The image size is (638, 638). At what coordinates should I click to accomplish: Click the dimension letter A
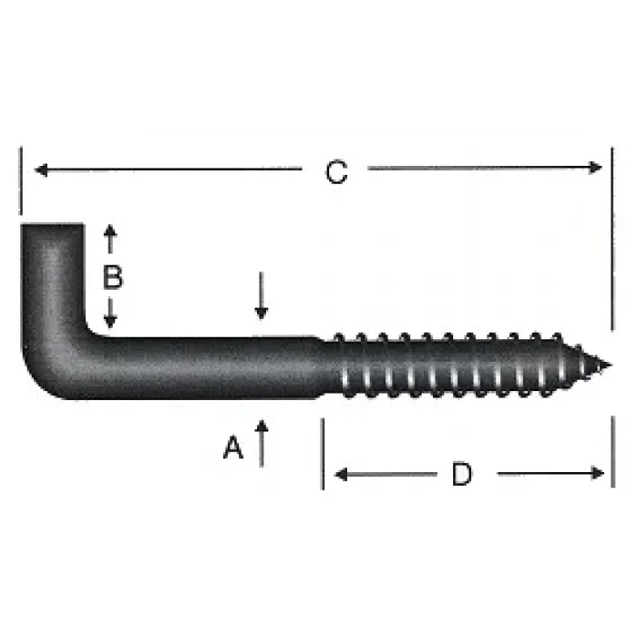tap(234, 448)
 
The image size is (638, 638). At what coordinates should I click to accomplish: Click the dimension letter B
tap(112, 277)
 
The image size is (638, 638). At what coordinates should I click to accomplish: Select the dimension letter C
tap(336, 172)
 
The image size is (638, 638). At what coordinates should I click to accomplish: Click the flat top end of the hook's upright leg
tap(53, 224)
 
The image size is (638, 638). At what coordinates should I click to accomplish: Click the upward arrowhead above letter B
tap(110, 232)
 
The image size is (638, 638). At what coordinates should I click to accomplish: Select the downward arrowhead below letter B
tap(110, 322)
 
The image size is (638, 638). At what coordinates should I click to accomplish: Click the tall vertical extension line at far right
tap(612, 237)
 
